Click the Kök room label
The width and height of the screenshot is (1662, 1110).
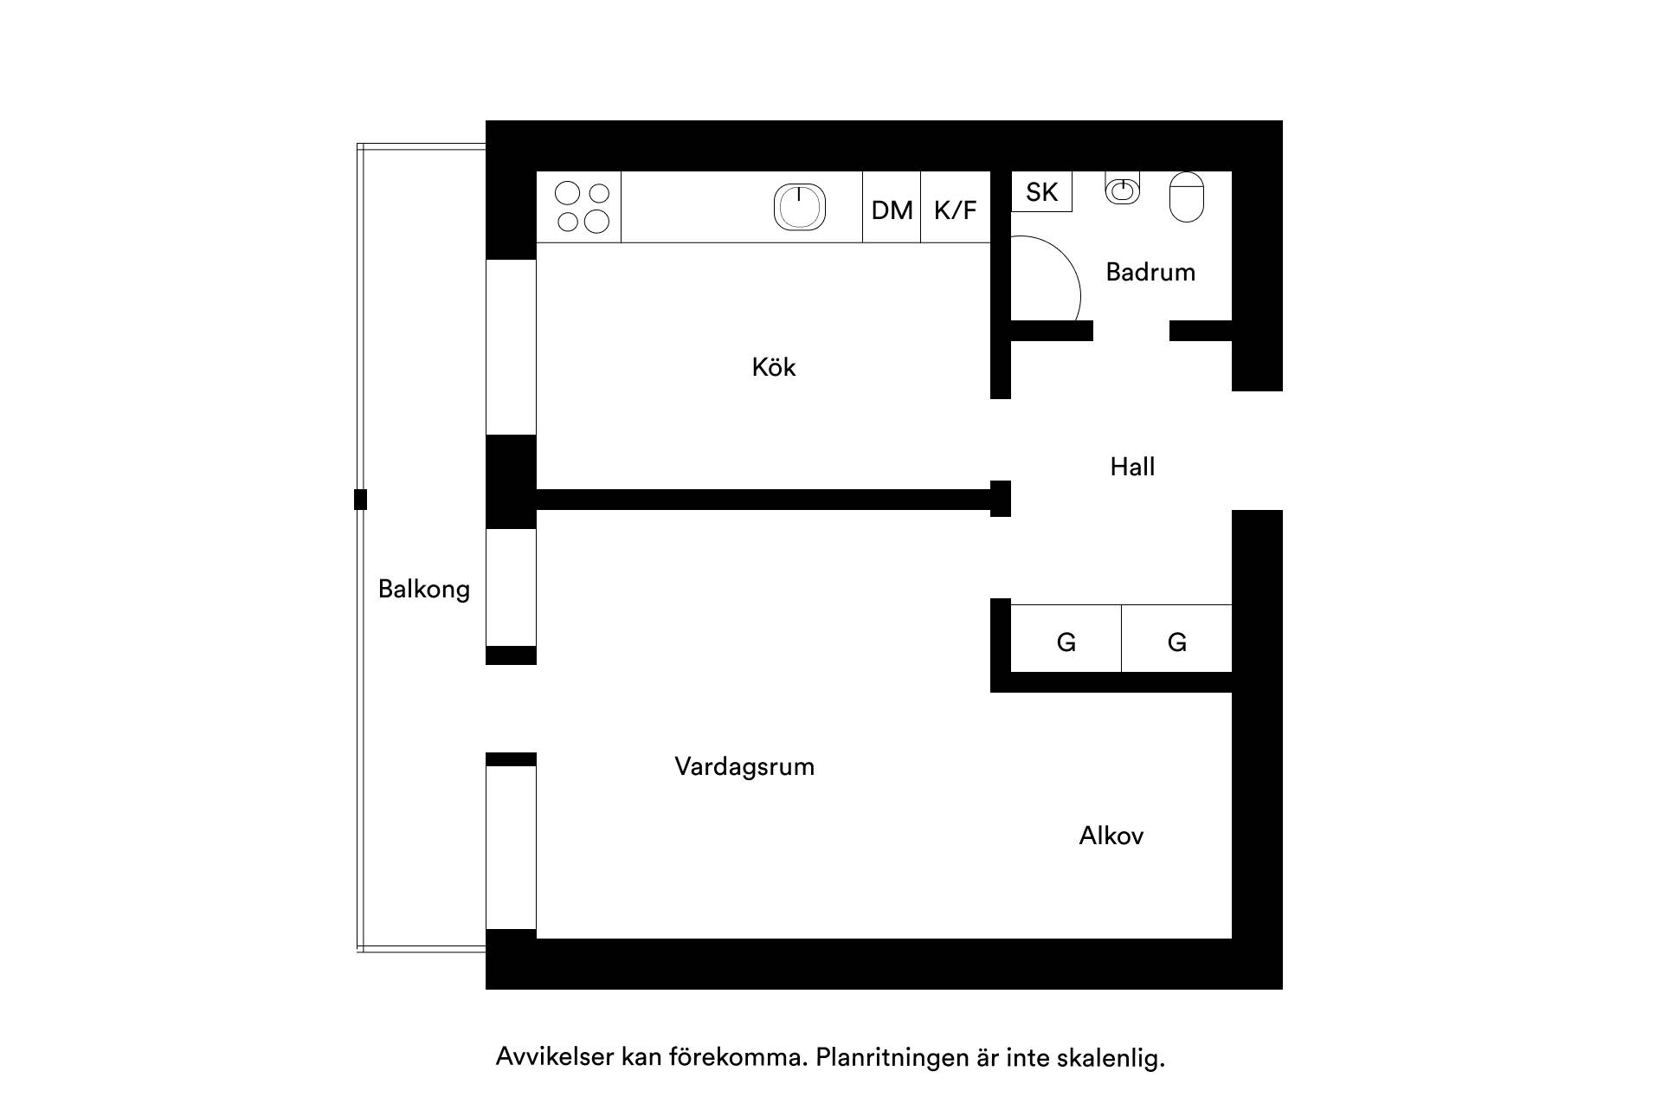coord(773,367)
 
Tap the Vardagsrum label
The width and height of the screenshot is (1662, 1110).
coord(744,767)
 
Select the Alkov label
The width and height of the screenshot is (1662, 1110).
coord(1111,836)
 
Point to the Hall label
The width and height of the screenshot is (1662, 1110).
coord(1132,468)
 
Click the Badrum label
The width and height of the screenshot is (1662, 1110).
coord(1150,272)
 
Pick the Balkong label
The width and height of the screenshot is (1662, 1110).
coord(424,590)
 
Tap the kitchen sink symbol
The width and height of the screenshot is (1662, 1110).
coord(799,207)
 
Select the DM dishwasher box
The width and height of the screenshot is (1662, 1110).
coord(892,207)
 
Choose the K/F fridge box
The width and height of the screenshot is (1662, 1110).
coord(955,207)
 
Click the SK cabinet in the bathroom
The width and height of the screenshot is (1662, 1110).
coord(1042,191)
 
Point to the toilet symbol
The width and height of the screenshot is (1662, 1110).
coord(1187,197)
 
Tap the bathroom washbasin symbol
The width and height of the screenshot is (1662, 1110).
coord(1122,188)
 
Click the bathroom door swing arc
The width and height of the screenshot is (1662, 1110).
coord(1071,265)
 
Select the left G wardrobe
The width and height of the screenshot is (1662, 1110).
coord(1066,638)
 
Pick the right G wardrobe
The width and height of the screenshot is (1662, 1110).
coord(1177,638)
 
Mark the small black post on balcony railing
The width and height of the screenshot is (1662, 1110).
coord(361,500)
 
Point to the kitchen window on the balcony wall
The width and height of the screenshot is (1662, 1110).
coord(511,347)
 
